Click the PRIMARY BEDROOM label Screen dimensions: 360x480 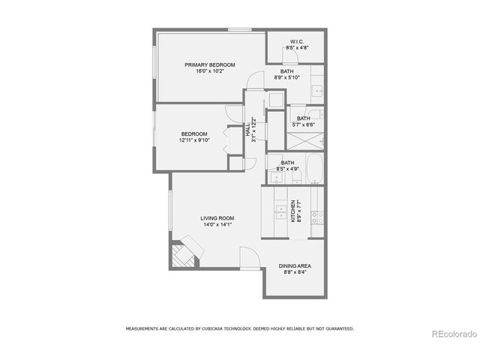[x=210, y=65]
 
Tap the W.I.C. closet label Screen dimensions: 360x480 [x=295, y=41]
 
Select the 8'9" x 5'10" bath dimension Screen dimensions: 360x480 [x=287, y=78]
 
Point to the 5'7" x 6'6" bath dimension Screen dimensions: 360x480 [x=303, y=124]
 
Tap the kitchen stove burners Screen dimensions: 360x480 [x=317, y=217]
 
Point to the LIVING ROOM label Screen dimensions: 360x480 [x=217, y=218]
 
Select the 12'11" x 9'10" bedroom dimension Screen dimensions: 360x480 [x=193, y=140]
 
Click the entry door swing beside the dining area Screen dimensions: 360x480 [x=248, y=259]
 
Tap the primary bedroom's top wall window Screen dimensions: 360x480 [x=239, y=30]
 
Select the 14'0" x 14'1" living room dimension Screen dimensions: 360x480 [x=217, y=224]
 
